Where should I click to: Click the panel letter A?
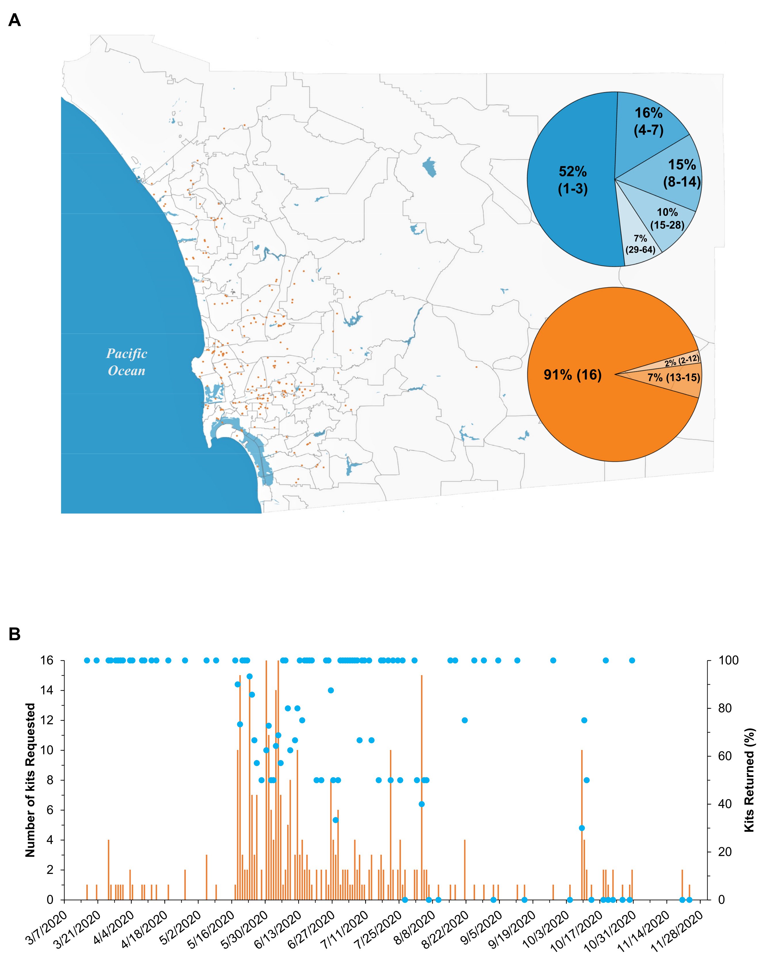[x=15, y=20]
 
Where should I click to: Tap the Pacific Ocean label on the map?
[x=127, y=362]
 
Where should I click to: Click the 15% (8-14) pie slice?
[x=682, y=173]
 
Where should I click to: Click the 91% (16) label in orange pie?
[x=573, y=375]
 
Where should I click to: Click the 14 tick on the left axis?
[x=47, y=690]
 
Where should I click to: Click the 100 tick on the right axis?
[x=728, y=661]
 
